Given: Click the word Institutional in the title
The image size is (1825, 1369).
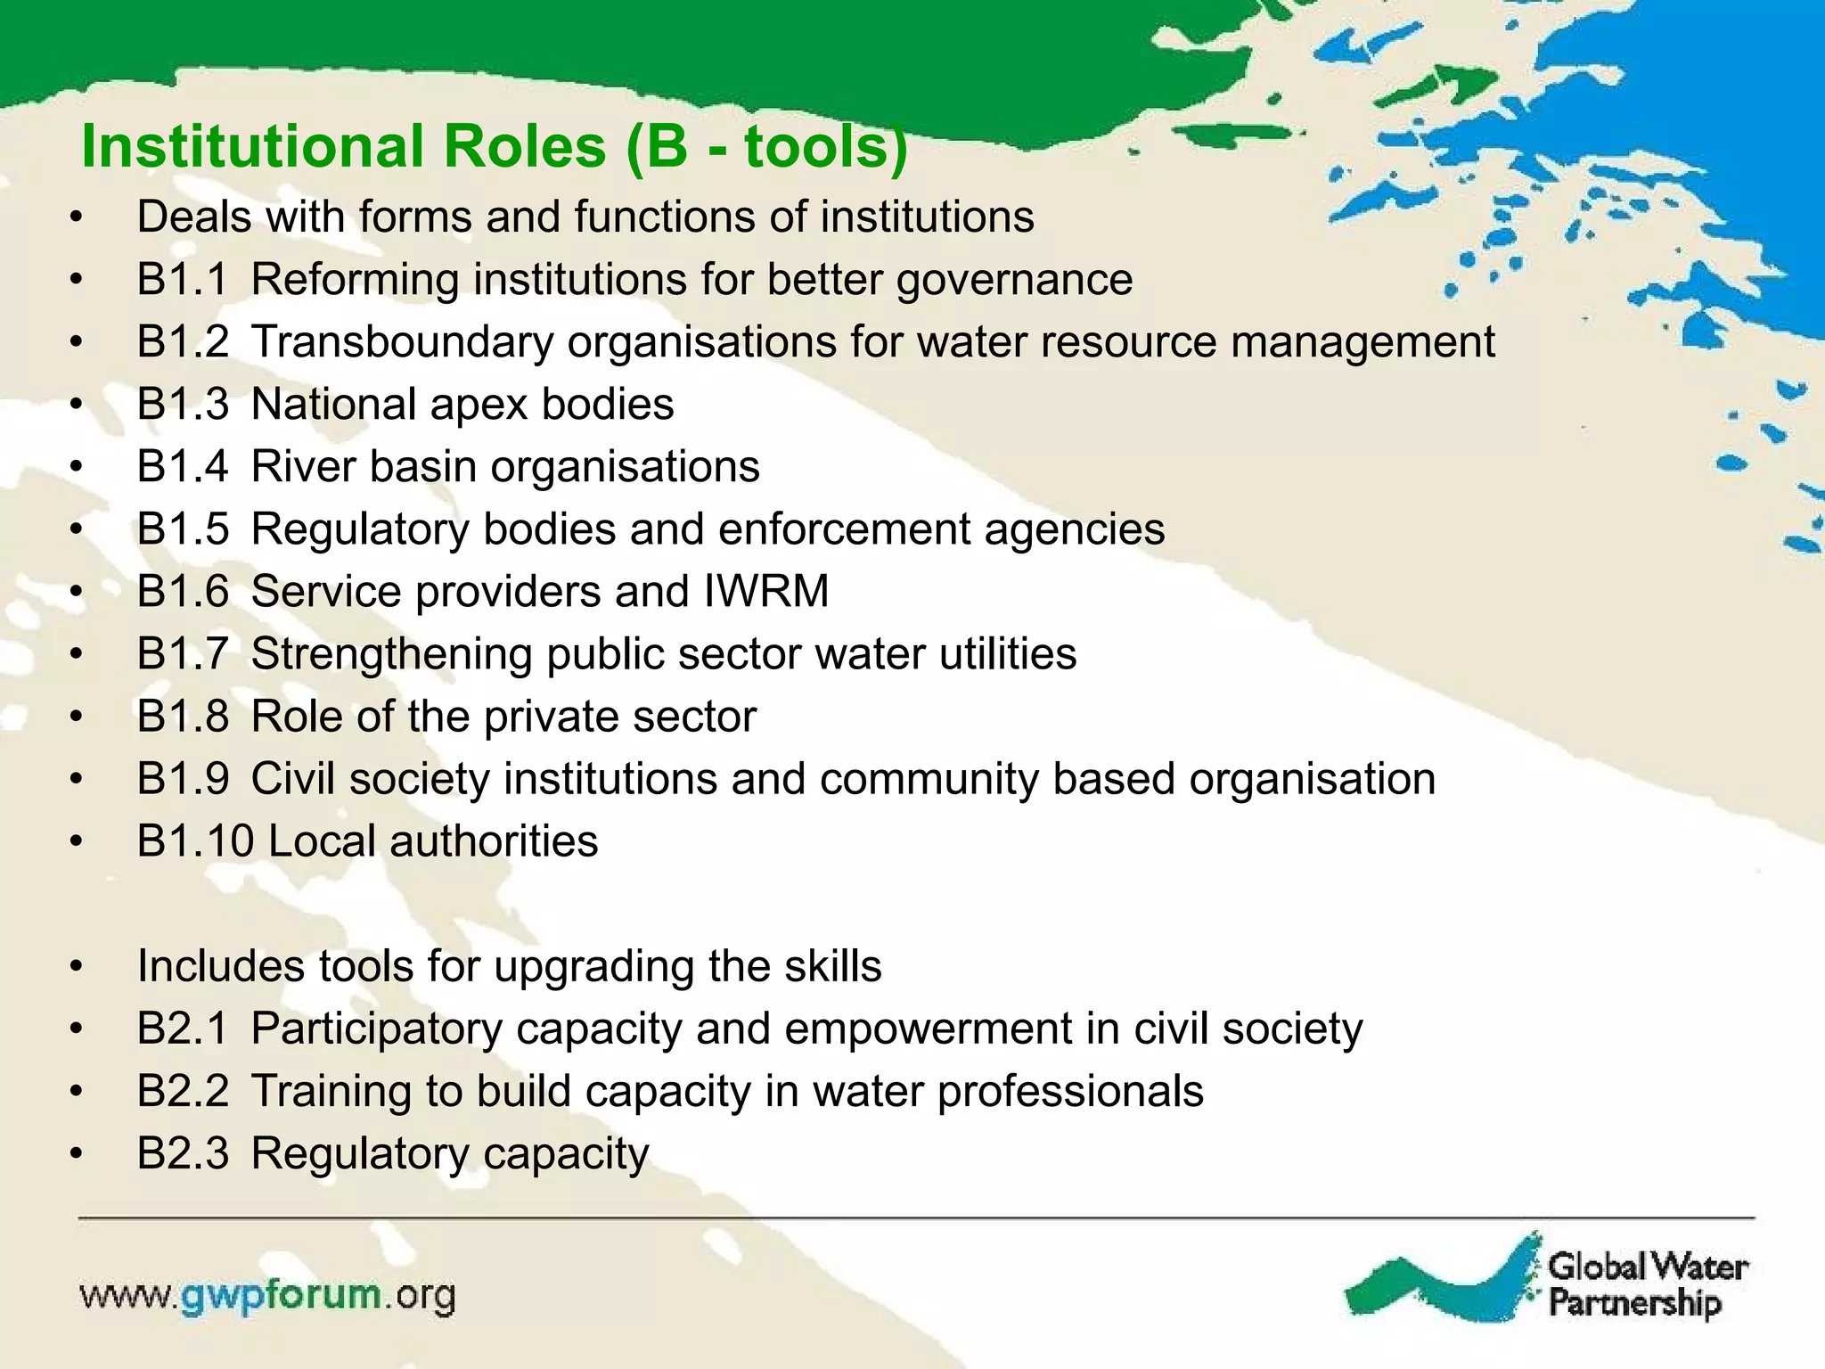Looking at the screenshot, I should (252, 147).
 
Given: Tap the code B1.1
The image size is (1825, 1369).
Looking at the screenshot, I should (183, 280).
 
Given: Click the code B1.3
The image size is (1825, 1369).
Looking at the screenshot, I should (183, 405).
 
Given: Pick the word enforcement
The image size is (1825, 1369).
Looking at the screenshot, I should (844, 529).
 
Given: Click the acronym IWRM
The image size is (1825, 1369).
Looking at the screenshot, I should (765, 592).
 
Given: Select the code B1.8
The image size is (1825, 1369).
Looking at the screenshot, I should (183, 717).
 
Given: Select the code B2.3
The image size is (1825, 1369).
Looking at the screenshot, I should (183, 1154).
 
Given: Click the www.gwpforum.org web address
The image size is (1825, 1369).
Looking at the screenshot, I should (267, 1296).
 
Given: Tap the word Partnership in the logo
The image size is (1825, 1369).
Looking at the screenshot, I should (1634, 1304).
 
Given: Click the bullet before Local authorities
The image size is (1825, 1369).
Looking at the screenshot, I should (77, 842).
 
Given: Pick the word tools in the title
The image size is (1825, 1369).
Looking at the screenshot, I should (816, 147).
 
